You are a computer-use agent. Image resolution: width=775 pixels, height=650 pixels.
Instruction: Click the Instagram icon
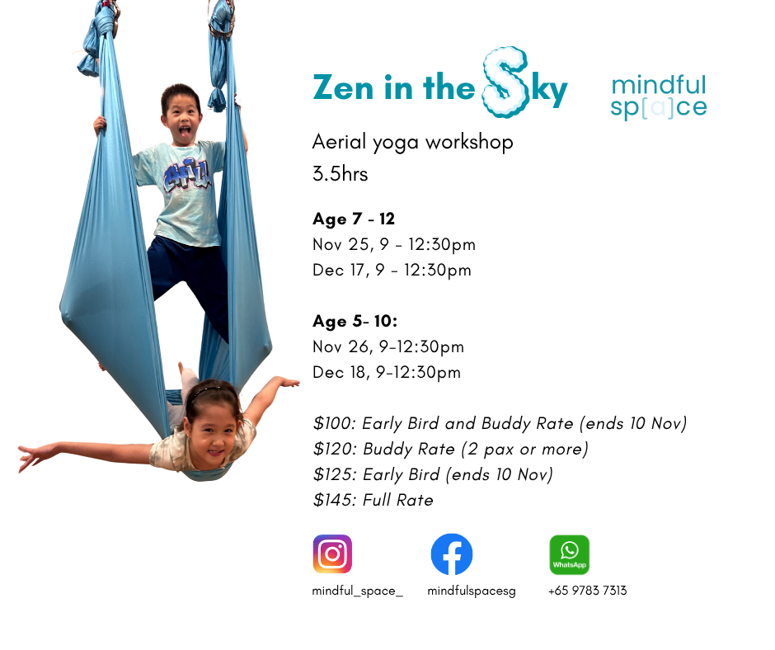click(x=332, y=554)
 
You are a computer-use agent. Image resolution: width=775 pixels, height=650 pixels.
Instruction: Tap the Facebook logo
click(x=452, y=554)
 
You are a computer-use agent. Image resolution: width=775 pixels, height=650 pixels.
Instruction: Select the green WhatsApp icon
click(x=570, y=554)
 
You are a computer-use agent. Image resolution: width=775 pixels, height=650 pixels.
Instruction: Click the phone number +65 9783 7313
click(x=587, y=591)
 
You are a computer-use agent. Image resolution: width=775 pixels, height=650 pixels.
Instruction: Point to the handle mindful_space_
click(x=357, y=591)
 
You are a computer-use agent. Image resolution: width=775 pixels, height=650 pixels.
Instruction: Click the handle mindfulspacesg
click(x=472, y=591)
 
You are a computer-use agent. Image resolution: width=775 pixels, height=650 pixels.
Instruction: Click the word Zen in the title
click(x=343, y=88)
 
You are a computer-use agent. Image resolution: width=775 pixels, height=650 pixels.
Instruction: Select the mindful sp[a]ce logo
click(x=659, y=97)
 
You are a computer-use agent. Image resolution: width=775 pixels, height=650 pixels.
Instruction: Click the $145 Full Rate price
click(x=373, y=500)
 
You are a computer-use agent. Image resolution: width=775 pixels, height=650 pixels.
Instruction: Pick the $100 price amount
click(x=334, y=423)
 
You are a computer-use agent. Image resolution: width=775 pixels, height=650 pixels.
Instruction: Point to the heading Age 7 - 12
click(x=354, y=219)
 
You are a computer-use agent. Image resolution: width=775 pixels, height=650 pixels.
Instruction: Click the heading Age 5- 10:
click(x=355, y=322)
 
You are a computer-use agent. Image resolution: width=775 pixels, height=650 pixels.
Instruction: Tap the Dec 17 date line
click(x=392, y=270)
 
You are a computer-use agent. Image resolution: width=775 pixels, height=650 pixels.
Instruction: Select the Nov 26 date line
click(x=388, y=346)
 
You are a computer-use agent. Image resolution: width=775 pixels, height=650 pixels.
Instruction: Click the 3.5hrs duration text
click(x=340, y=174)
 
